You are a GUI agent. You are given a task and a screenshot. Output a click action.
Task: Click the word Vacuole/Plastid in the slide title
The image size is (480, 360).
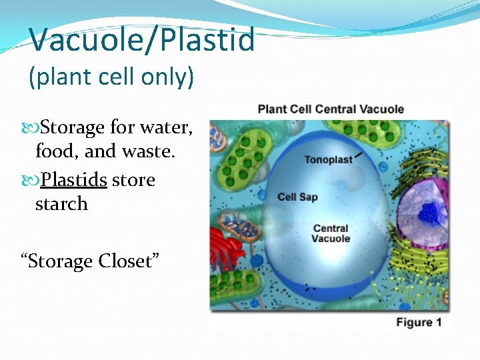tap(142, 39)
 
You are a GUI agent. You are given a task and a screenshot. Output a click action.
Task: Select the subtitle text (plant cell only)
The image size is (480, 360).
tap(111, 77)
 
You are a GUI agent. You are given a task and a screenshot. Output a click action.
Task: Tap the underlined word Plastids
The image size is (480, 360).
tap(74, 180)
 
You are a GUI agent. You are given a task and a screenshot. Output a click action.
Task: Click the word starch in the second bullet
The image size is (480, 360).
tap(61, 204)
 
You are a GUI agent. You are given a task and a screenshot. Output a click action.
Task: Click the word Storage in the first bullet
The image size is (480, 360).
tap(73, 127)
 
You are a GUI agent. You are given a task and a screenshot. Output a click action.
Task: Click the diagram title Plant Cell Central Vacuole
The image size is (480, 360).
tap(331, 109)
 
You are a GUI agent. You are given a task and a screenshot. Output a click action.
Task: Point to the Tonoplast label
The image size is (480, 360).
tap(327, 159)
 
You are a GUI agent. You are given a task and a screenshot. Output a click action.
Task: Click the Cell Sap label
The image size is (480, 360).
tap(297, 197)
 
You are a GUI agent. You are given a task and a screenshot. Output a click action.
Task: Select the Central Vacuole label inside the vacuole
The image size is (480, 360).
tap(331, 233)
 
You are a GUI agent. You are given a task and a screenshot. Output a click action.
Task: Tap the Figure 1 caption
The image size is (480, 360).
tap(419, 323)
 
